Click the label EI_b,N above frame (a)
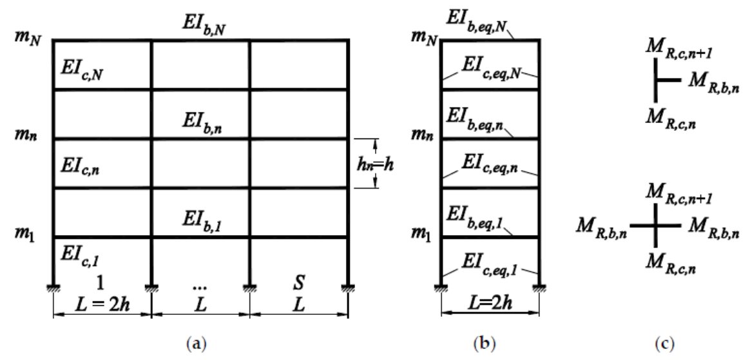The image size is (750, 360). coord(202,26)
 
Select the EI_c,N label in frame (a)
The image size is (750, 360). coord(82,71)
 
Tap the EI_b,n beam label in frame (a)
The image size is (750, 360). coord(202,121)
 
